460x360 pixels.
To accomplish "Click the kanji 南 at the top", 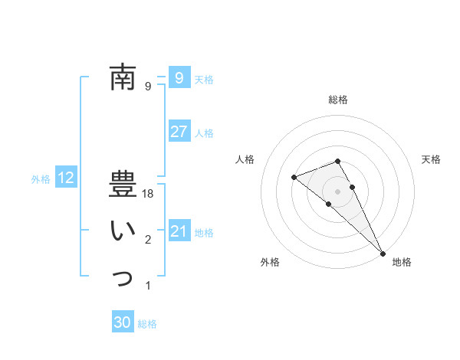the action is [x=123, y=77].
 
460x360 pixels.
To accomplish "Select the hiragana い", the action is [x=123, y=231].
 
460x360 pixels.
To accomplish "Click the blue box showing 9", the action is [x=179, y=77].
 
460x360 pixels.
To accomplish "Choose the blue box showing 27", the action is [x=179, y=132].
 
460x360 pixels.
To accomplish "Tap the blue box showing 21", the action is [x=179, y=231].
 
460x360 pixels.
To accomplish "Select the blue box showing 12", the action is [x=66, y=178].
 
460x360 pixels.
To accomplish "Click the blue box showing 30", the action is [x=123, y=322].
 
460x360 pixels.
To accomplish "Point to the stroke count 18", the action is [x=149, y=195].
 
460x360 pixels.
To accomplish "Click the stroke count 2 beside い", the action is [x=148, y=241].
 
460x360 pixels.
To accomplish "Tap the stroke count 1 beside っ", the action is [x=148, y=286].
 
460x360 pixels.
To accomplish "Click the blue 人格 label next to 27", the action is [x=204, y=133].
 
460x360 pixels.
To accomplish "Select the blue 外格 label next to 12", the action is [x=41, y=179].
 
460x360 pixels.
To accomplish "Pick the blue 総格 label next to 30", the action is [x=147, y=324].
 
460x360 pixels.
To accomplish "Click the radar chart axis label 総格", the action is [x=337, y=100].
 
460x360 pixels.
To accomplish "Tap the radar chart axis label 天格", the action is [x=431, y=159].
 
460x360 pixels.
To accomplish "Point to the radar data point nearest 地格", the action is [x=383, y=253].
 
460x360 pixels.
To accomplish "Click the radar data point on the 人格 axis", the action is [x=294, y=177].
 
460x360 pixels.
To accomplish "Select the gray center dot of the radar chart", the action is [x=337, y=191].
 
